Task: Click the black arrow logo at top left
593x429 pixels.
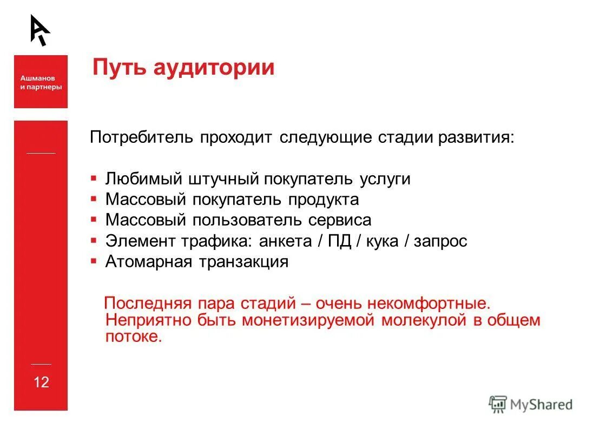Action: point(39,30)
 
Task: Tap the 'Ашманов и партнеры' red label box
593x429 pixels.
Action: point(41,82)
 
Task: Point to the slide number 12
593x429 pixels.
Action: point(41,382)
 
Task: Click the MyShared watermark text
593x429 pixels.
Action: point(542,405)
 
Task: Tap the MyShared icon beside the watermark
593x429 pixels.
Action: point(497,404)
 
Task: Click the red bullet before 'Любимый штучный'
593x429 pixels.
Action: point(94,177)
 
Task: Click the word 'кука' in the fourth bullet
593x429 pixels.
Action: point(383,241)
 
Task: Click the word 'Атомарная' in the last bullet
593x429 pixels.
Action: point(149,262)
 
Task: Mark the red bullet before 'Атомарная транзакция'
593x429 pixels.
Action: point(94,261)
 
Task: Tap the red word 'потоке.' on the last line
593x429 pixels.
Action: point(134,336)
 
